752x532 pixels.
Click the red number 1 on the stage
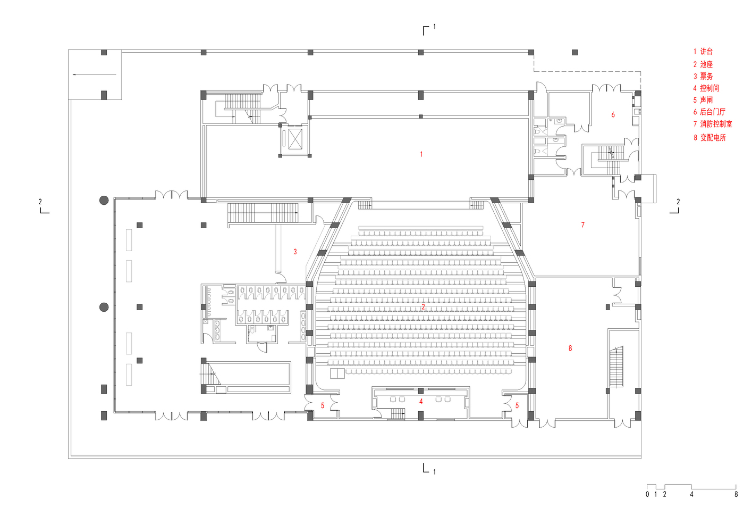pos(421,154)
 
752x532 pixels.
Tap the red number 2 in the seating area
pos(424,307)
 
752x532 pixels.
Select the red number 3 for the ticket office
pos(295,252)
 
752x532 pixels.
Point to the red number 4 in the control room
pos(421,401)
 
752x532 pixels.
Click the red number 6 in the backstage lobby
pos(613,114)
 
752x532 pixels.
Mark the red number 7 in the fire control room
pos(583,225)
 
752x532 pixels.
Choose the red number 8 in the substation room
pos(570,348)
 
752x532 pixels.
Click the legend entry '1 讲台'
pos(703,52)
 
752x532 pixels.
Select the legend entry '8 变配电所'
pos(709,137)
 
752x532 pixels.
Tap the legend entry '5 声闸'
pos(703,100)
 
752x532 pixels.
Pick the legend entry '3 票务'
pos(703,76)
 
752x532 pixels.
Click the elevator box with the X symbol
pos(295,139)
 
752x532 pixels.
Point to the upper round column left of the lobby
pos(104,201)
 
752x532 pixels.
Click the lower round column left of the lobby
pos(104,307)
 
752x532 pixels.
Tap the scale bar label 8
pos(736,494)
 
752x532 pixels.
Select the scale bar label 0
pos(647,494)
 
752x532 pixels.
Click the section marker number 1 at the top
pos(434,26)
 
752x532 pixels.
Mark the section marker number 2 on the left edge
pos(40,202)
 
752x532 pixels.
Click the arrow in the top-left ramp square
pos(95,74)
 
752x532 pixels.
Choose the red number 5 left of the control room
pos(323,405)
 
